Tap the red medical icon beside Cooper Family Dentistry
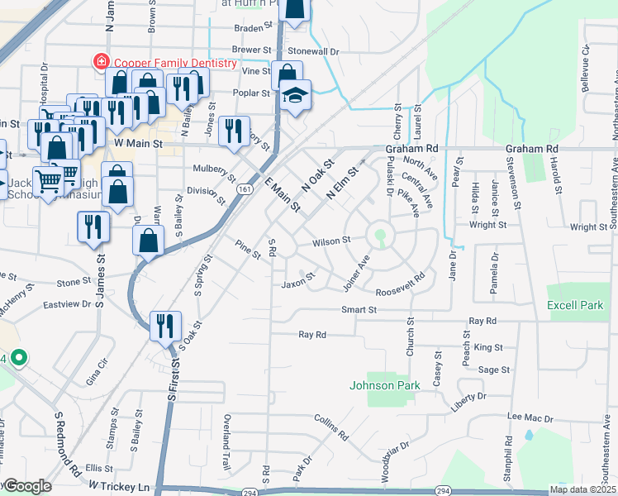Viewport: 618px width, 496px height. pos(101,61)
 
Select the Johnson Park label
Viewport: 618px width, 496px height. pos(385,385)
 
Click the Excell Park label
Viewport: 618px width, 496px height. pos(575,306)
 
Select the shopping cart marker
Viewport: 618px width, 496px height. pos(48,179)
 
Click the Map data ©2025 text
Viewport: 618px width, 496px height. pos(582,489)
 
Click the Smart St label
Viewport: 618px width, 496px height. pos(360,310)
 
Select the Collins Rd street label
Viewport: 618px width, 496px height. pos(331,426)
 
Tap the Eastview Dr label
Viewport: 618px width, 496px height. pos(68,304)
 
